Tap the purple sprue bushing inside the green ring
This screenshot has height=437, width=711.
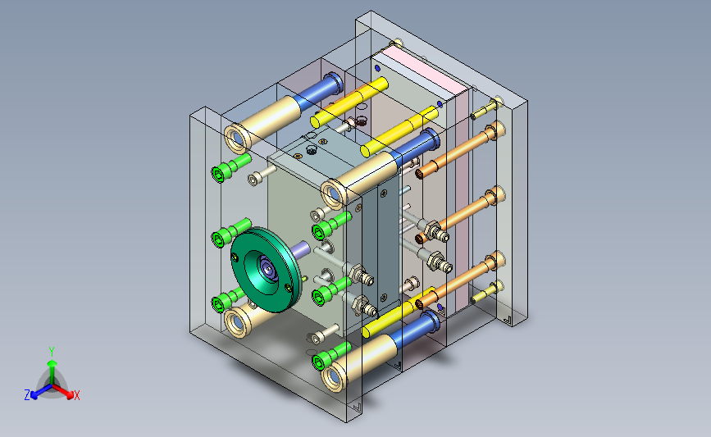268,269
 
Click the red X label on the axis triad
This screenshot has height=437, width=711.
76,395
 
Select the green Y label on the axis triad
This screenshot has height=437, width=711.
52,352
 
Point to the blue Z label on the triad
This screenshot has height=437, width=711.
27,395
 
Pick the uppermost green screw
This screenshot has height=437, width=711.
230,166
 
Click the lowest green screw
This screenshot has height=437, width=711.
331,356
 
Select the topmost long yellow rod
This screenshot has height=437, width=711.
349,102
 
